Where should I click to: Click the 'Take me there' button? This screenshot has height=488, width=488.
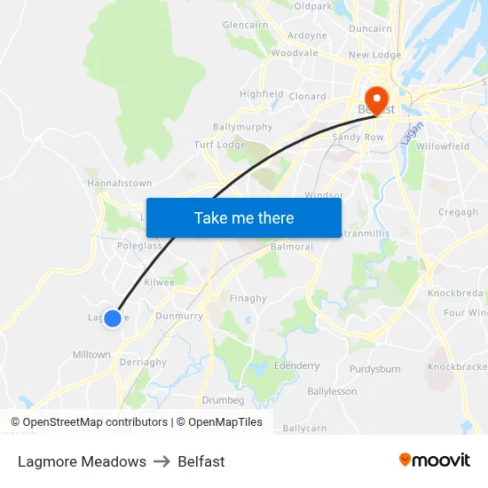(244, 217)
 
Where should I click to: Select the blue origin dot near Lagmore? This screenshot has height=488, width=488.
(113, 318)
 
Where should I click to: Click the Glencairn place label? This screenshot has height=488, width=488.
(246, 25)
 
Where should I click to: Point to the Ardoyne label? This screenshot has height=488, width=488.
(307, 36)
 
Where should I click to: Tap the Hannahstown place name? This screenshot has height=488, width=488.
(119, 183)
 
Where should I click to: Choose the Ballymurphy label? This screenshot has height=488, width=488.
(242, 127)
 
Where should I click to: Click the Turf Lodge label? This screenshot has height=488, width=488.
(219, 145)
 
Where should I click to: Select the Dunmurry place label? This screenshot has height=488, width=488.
(179, 315)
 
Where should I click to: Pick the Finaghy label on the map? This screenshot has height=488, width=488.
(248, 298)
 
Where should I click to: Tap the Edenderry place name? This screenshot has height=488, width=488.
(297, 366)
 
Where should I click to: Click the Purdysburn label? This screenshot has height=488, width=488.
(375, 368)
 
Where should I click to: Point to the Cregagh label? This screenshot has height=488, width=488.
(458, 212)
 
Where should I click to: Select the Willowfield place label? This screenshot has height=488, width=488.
(443, 146)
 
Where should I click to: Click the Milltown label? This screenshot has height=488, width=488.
(91, 354)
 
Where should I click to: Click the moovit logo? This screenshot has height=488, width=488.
(435, 460)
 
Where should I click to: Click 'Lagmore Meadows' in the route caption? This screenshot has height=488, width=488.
(82, 461)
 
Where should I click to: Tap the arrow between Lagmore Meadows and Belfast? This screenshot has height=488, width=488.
(161, 461)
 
